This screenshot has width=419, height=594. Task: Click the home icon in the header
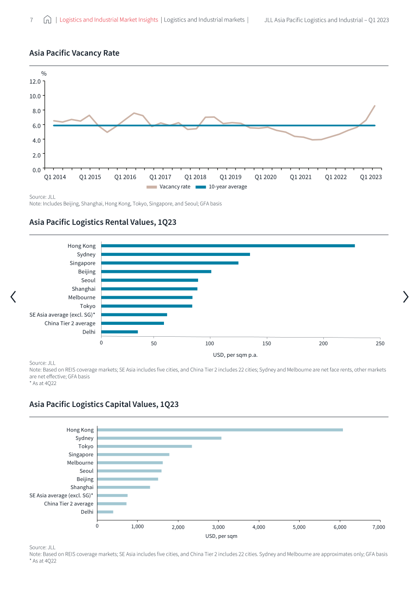coord(47,19)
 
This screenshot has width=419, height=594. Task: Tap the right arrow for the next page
coord(405,297)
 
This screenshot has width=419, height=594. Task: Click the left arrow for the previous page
coord(13,297)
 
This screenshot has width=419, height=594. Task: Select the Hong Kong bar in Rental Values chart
coord(228,246)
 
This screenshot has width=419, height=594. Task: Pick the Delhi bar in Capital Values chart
coord(105,512)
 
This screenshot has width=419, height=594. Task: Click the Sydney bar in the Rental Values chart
coord(175,254)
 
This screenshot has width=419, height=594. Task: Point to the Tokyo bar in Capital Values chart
coord(144,446)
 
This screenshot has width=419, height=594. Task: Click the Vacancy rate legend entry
coord(169,187)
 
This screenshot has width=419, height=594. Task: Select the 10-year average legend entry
coord(221,187)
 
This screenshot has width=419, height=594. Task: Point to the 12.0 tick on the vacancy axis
coord(35,81)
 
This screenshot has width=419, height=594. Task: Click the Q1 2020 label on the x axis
coord(266,177)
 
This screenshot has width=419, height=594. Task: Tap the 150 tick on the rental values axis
coord(266,344)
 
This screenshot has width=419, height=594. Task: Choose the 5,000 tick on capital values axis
coord(299,527)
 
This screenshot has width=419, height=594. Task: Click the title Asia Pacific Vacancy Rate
coord(74,53)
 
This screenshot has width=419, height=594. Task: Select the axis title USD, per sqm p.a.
coord(235,355)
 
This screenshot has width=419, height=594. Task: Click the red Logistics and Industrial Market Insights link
coord(109,20)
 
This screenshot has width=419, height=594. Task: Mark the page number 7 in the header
coord(31,20)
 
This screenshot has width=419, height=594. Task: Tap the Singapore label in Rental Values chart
coord(82,263)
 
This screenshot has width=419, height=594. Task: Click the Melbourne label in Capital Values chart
coord(80,463)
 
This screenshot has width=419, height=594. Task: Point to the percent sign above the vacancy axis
coord(44,73)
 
